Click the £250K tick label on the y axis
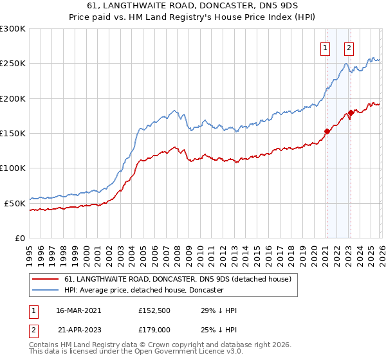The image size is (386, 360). [13, 64]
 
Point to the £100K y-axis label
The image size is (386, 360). [13, 168]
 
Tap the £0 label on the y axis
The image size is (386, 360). [20, 238]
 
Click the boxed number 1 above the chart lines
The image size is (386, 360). [326, 47]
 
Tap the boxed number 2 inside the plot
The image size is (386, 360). [349, 47]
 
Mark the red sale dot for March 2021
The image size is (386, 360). [326, 132]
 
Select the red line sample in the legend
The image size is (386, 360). [46, 279]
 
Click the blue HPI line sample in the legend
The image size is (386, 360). [46, 291]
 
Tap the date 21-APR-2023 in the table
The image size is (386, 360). [79, 330]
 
